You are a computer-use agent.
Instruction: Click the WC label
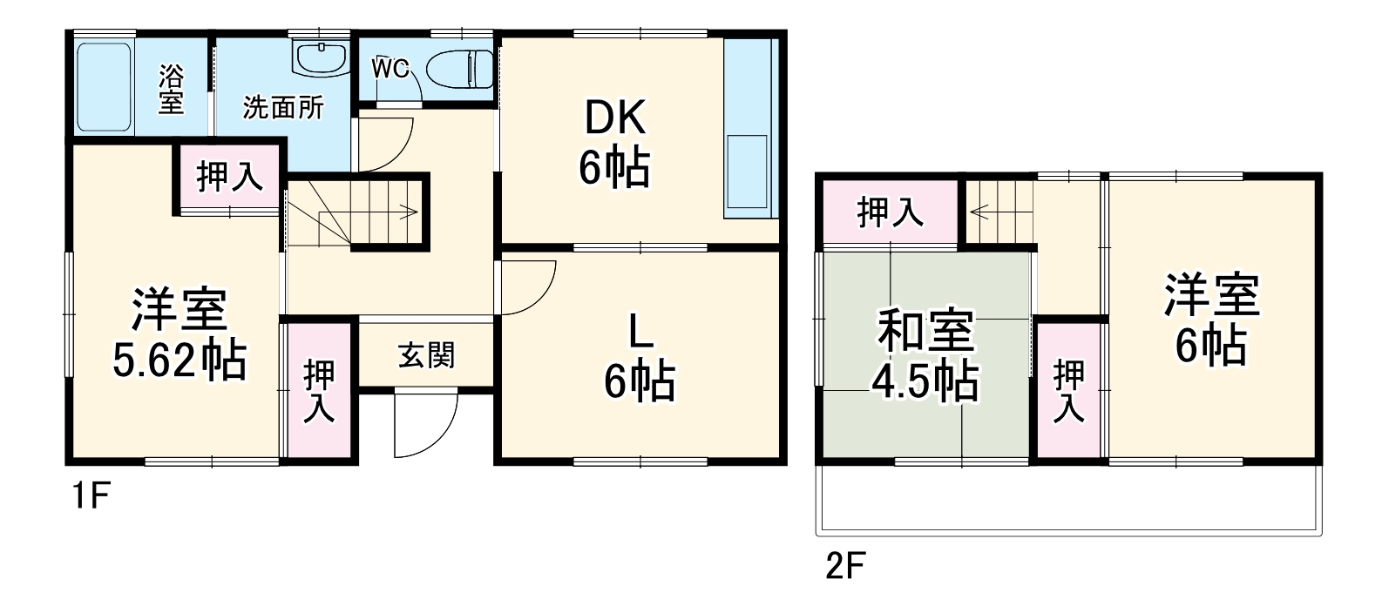[390, 69]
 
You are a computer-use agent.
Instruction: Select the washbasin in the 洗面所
[322, 57]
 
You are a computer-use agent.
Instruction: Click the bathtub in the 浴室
[103, 87]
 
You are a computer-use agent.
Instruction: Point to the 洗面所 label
[283, 108]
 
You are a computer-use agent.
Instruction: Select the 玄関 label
[426, 355]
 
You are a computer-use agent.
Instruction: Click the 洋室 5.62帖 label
[180, 335]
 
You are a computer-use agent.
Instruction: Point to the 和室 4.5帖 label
[925, 355]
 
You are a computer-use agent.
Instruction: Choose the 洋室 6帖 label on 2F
[1211, 320]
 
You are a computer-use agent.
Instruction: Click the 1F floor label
[89, 497]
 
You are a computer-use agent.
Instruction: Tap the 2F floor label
[844, 567]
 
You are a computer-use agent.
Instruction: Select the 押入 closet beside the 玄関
[319, 392]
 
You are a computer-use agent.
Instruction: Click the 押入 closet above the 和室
[890, 212]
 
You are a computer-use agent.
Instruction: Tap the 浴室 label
[171, 89]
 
